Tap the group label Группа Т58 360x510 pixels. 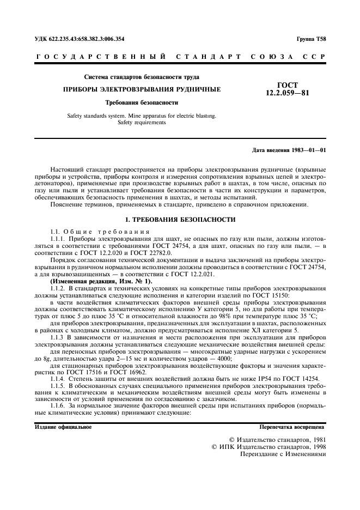pyautogui.click(x=312, y=39)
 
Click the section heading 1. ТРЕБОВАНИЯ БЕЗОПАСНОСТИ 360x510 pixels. pyautogui.click(x=180, y=219)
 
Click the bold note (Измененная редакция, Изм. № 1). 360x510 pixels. pyautogui.click(x=101, y=281)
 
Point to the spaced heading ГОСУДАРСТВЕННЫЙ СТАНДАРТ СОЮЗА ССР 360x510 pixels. pyautogui.click(x=180, y=57)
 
